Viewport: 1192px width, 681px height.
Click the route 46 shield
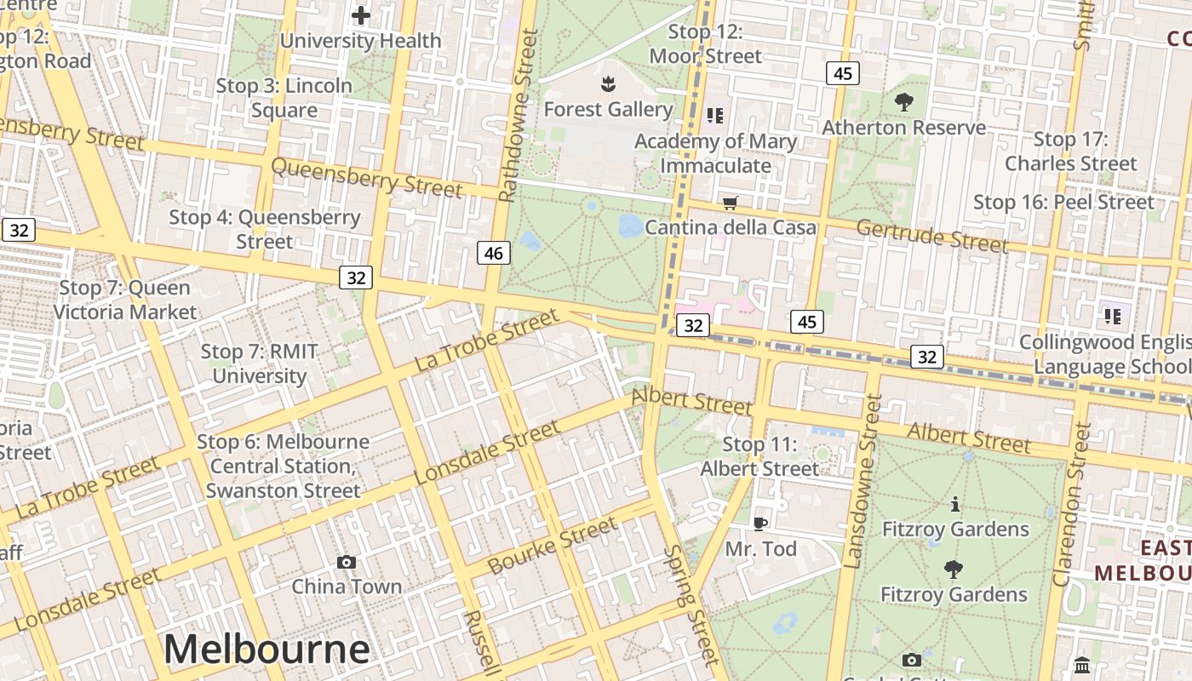click(x=494, y=253)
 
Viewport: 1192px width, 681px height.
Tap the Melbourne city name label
click(x=266, y=650)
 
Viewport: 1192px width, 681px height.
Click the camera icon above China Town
click(x=346, y=562)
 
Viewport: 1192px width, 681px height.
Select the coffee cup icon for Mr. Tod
click(x=760, y=523)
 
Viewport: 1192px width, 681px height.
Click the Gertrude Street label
click(x=932, y=235)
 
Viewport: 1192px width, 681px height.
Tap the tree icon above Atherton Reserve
click(x=904, y=102)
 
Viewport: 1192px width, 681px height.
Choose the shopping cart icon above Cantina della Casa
click(x=730, y=203)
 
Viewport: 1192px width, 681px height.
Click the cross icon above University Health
click(x=361, y=15)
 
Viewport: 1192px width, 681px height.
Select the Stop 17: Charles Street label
click(x=1071, y=152)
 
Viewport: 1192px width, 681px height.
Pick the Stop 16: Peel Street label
click(x=1063, y=202)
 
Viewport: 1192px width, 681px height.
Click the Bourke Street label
click(x=553, y=547)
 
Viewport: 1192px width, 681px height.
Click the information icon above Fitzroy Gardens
click(x=954, y=504)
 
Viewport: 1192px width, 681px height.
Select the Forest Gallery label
click(x=608, y=109)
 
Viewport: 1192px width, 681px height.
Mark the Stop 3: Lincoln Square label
click(x=284, y=98)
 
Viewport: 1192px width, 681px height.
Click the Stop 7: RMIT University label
click(x=260, y=363)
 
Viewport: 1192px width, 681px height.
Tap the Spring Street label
click(x=692, y=604)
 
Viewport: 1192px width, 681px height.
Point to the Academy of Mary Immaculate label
click(x=716, y=153)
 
